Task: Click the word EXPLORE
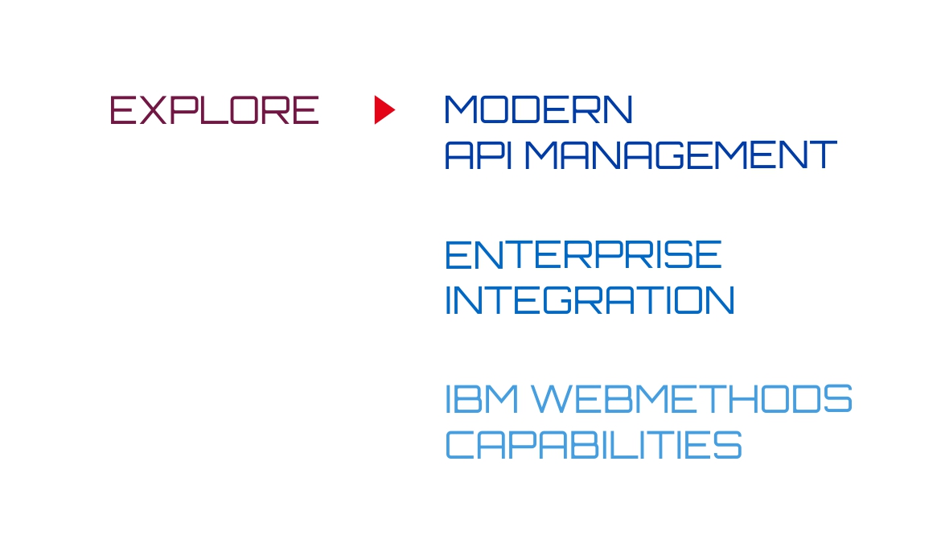(214, 110)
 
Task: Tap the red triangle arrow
(384, 110)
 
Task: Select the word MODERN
(538, 109)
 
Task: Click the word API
(478, 155)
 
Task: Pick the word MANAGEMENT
(681, 155)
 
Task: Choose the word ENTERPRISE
(583, 254)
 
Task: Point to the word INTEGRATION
(590, 300)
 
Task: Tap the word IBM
(482, 399)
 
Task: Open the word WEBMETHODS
(692, 399)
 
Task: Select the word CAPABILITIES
(594, 445)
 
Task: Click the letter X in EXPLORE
(153, 110)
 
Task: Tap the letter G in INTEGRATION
(559, 300)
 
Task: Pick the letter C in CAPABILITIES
(460, 445)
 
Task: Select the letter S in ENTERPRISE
(677, 254)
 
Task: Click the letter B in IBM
(467, 399)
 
